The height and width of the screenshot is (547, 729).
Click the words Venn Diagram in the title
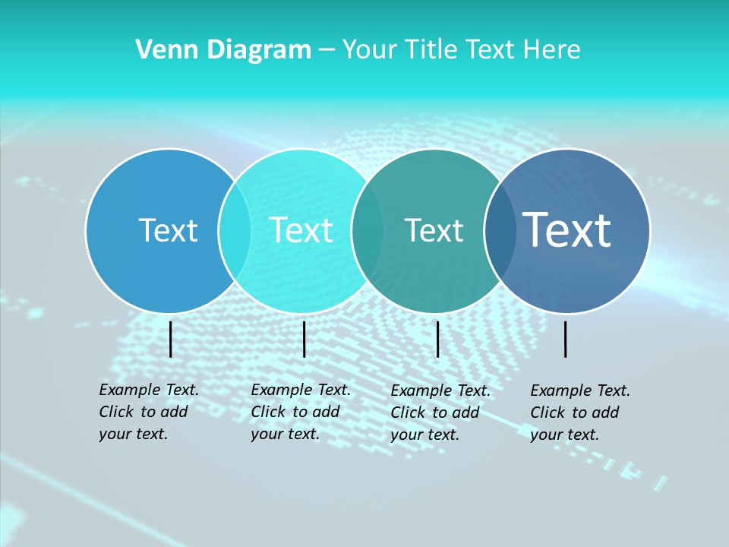point(223,50)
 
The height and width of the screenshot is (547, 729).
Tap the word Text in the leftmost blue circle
point(168,230)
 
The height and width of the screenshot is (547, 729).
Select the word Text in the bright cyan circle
point(301,230)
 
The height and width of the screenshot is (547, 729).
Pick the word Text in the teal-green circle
point(434,230)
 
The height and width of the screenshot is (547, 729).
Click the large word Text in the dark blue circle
point(567,230)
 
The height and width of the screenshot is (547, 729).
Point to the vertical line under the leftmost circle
point(170,339)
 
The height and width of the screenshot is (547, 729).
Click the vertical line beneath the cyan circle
point(304,339)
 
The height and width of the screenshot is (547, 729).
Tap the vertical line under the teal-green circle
point(437,339)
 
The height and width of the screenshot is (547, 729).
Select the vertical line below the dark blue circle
point(565,339)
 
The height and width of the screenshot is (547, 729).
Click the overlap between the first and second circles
point(235,230)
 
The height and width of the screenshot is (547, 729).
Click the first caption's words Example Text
point(149,390)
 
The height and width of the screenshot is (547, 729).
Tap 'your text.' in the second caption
point(285,434)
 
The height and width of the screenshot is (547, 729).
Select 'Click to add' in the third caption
point(435,413)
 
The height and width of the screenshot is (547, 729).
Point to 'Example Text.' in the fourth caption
point(580,390)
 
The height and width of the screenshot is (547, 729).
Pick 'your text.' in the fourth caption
point(564,435)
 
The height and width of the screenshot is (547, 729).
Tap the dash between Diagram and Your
point(327,50)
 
